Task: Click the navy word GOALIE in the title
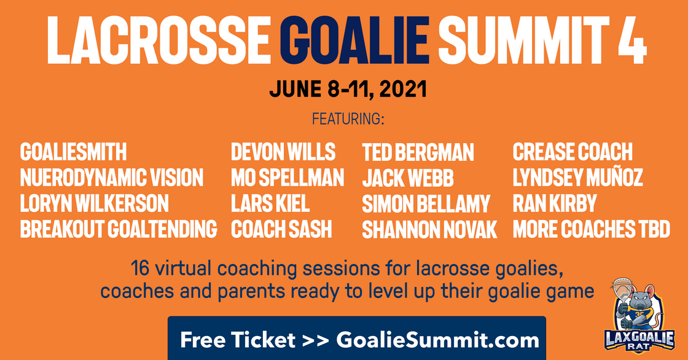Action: (x=354, y=40)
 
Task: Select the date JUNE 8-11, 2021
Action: (x=348, y=89)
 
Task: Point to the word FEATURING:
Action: (x=348, y=119)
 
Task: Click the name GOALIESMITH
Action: (x=73, y=152)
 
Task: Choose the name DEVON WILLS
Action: (x=283, y=152)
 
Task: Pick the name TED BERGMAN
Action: (x=418, y=152)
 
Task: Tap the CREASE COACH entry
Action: (x=573, y=152)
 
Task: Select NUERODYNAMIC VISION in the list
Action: (x=112, y=178)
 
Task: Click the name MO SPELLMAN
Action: (x=287, y=178)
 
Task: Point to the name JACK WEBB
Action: (x=408, y=178)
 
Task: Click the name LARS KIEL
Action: (x=270, y=204)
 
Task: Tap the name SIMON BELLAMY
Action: (x=426, y=204)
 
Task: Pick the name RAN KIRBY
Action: (x=555, y=204)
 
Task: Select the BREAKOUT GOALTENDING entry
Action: (x=119, y=229)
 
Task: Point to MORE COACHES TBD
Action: (x=592, y=229)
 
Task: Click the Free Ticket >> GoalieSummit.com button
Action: (x=357, y=338)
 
